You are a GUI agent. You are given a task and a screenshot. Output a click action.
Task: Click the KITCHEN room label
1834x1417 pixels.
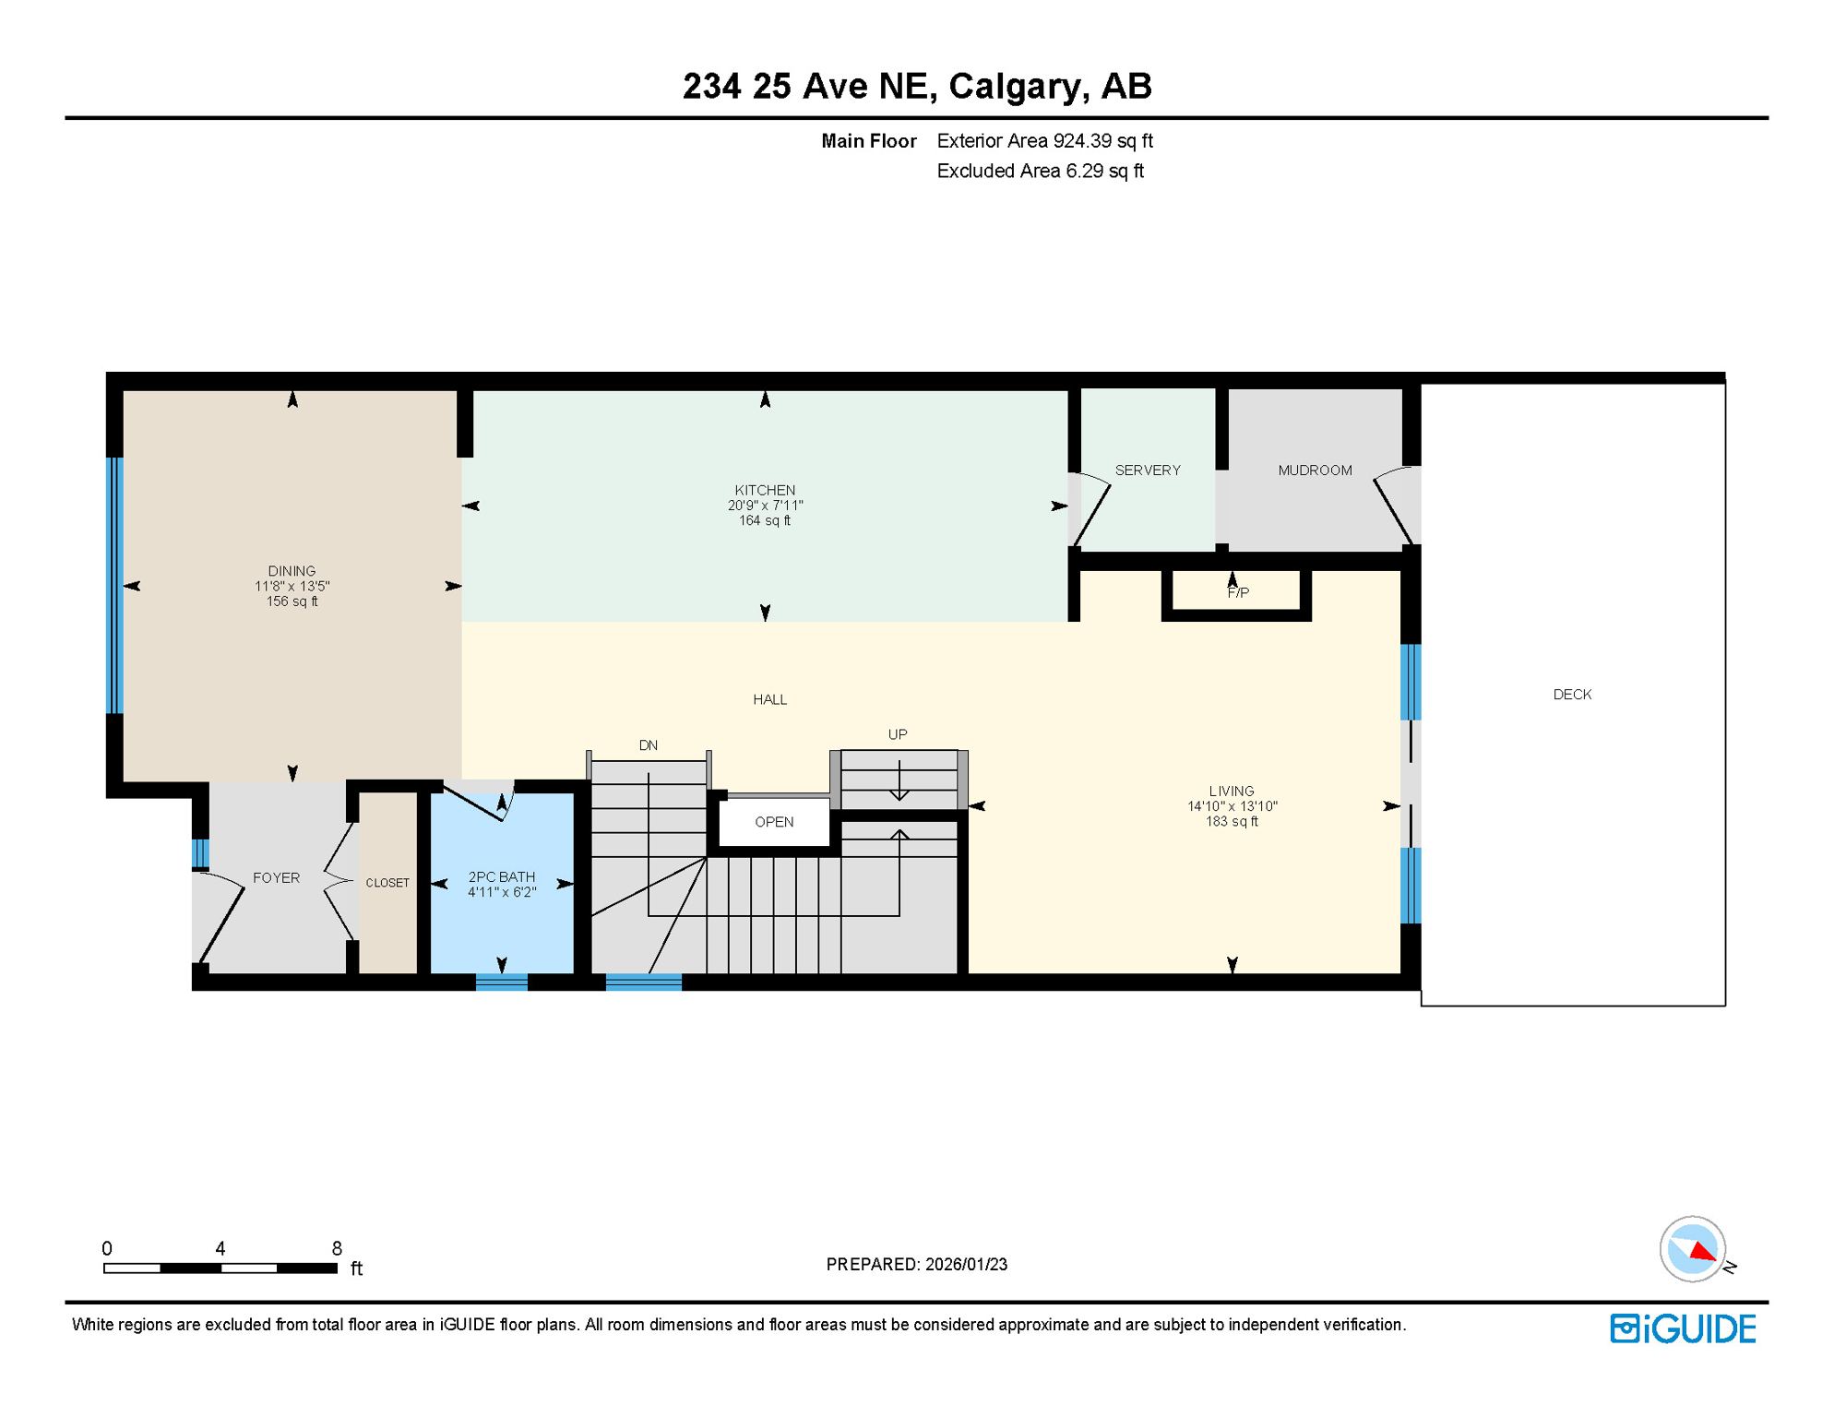click(765, 490)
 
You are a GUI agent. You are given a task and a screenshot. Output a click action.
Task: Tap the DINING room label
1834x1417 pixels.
click(292, 571)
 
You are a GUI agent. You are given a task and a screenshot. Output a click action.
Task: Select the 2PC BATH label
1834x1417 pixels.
click(501, 877)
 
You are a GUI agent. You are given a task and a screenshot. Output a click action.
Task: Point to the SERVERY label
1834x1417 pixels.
click(1147, 470)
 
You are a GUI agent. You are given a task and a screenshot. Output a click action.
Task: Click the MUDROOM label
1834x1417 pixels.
click(1315, 470)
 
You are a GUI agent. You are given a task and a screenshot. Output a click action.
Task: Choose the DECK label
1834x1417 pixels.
click(1571, 695)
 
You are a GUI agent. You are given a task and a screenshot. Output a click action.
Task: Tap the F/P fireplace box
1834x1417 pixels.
click(1237, 593)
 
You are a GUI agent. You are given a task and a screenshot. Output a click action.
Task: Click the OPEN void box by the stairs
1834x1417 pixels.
click(773, 822)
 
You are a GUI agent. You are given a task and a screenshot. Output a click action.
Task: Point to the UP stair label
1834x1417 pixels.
click(897, 734)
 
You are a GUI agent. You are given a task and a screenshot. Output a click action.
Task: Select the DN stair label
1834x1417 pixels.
click(648, 745)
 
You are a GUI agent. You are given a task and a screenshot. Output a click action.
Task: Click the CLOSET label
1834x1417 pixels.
click(387, 883)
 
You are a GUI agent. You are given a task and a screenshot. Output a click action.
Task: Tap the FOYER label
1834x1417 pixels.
click(276, 878)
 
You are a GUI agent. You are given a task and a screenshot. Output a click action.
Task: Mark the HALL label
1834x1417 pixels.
click(769, 699)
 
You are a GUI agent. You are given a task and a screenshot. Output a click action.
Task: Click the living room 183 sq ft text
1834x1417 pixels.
click(1232, 822)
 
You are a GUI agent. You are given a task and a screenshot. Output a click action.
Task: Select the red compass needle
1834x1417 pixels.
click(1702, 1251)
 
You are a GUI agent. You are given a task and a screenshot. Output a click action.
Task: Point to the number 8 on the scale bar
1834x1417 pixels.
click(337, 1248)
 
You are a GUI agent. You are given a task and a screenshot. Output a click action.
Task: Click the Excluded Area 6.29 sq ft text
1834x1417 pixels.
click(1040, 171)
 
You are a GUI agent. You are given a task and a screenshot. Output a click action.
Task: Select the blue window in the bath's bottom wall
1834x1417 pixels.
click(501, 982)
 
